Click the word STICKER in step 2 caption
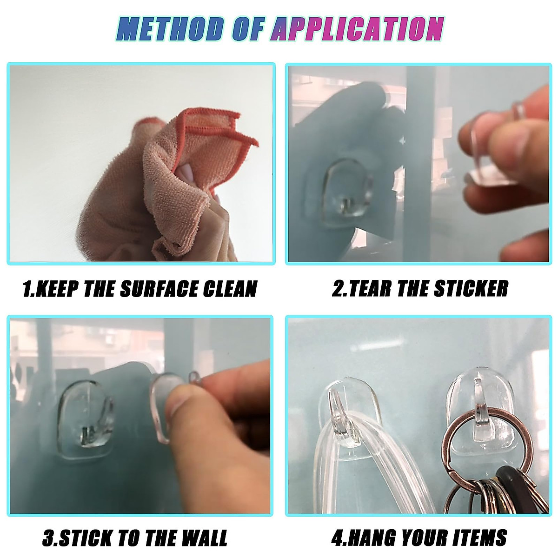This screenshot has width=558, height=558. tap(471, 289)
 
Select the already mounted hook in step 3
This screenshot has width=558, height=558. tap(86, 416)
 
